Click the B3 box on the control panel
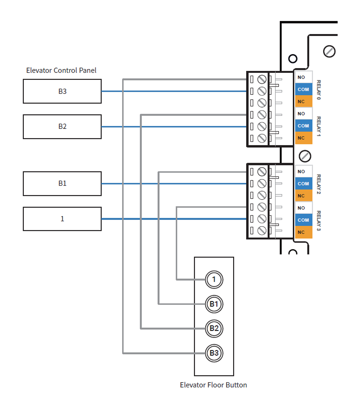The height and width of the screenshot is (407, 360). pyautogui.click(x=62, y=91)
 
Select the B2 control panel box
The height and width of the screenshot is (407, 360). pyautogui.click(x=62, y=126)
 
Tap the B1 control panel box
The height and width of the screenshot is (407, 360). pyautogui.click(x=62, y=183)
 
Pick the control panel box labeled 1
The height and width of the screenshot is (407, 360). pyautogui.click(x=62, y=218)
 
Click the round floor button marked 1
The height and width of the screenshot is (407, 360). pyautogui.click(x=214, y=280)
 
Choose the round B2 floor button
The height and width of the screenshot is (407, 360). pyautogui.click(x=214, y=328)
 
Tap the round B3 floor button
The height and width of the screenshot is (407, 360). pyautogui.click(x=214, y=353)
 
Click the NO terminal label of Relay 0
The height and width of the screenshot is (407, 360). pyautogui.click(x=303, y=77)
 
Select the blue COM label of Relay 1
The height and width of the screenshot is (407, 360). pyautogui.click(x=303, y=126)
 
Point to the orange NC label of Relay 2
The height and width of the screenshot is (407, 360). pyautogui.click(x=303, y=196)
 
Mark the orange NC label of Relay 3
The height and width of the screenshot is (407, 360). pyautogui.click(x=303, y=232)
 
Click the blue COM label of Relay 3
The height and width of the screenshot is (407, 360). pyautogui.click(x=303, y=220)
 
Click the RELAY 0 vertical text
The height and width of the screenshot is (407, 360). pyautogui.click(x=319, y=89)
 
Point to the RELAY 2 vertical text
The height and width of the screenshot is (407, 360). pyautogui.click(x=319, y=184)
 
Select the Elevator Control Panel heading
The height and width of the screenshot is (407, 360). pyautogui.click(x=61, y=70)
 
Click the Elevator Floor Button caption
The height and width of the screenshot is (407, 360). pyautogui.click(x=214, y=385)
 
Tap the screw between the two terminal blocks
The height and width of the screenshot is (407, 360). pyautogui.click(x=305, y=155)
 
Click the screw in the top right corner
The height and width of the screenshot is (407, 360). pyautogui.click(x=330, y=51)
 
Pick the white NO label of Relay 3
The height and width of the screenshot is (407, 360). pyautogui.click(x=303, y=208)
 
